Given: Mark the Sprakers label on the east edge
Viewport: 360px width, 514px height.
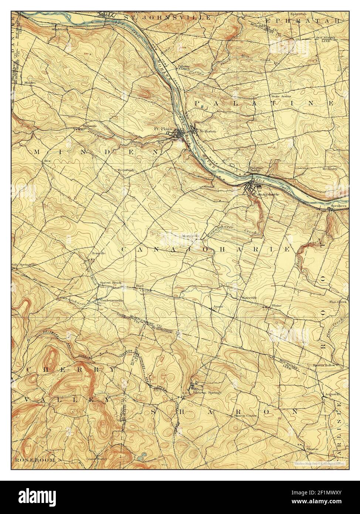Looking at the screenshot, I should coord(339,205).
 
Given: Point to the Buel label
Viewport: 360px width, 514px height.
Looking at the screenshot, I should coord(139,286).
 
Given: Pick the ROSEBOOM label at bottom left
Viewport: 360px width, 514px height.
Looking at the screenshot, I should coord(35,460).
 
